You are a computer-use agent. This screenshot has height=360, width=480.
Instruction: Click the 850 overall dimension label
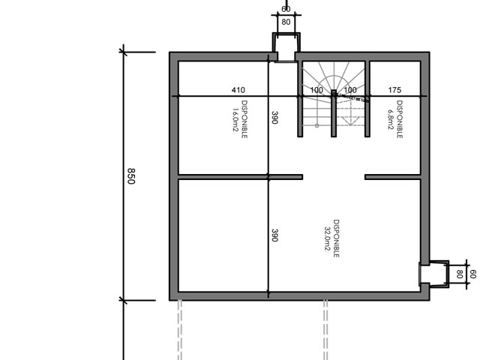pyautogui.click(x=131, y=176)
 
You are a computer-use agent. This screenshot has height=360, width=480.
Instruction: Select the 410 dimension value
pyautogui.click(x=238, y=90)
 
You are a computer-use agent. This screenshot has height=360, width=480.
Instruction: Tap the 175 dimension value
pyautogui.click(x=394, y=90)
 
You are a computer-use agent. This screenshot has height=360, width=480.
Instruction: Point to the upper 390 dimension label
pyautogui.click(x=274, y=118)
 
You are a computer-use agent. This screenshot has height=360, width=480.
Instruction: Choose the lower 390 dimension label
pyautogui.click(x=274, y=235)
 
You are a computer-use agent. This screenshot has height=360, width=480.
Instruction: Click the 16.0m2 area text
pyautogui.click(x=235, y=119)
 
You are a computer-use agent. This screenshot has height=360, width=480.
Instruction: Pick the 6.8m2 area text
pyautogui.click(x=391, y=120)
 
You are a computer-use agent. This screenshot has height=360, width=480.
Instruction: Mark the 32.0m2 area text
pyautogui.click(x=327, y=238)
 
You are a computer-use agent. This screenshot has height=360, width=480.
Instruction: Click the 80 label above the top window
pyautogui.click(x=286, y=22)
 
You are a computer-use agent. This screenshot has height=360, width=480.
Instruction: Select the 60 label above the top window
pyautogui.click(x=286, y=10)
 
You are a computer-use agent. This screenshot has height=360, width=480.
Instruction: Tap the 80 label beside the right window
pyautogui.click(x=459, y=274)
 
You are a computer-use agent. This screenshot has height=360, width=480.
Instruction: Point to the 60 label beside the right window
pyautogui.click(x=472, y=274)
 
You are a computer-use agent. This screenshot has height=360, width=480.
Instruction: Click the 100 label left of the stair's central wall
pyautogui.click(x=316, y=90)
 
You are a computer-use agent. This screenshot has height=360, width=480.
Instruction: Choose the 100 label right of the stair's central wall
pyautogui.click(x=350, y=90)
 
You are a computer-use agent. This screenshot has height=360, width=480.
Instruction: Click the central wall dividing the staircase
pyautogui.click(x=334, y=113)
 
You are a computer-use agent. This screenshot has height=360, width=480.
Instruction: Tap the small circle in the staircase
pyautogui.click(x=316, y=125)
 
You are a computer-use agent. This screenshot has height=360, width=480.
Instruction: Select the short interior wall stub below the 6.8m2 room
pyautogui.click(x=392, y=177)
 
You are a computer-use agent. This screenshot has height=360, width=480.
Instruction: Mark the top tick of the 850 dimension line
pyautogui.click(x=123, y=52)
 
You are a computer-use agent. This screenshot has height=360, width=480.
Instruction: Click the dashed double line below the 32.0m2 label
pyautogui.click(x=325, y=330)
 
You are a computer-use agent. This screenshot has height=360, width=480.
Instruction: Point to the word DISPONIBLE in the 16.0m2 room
pyautogui.click(x=244, y=119)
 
